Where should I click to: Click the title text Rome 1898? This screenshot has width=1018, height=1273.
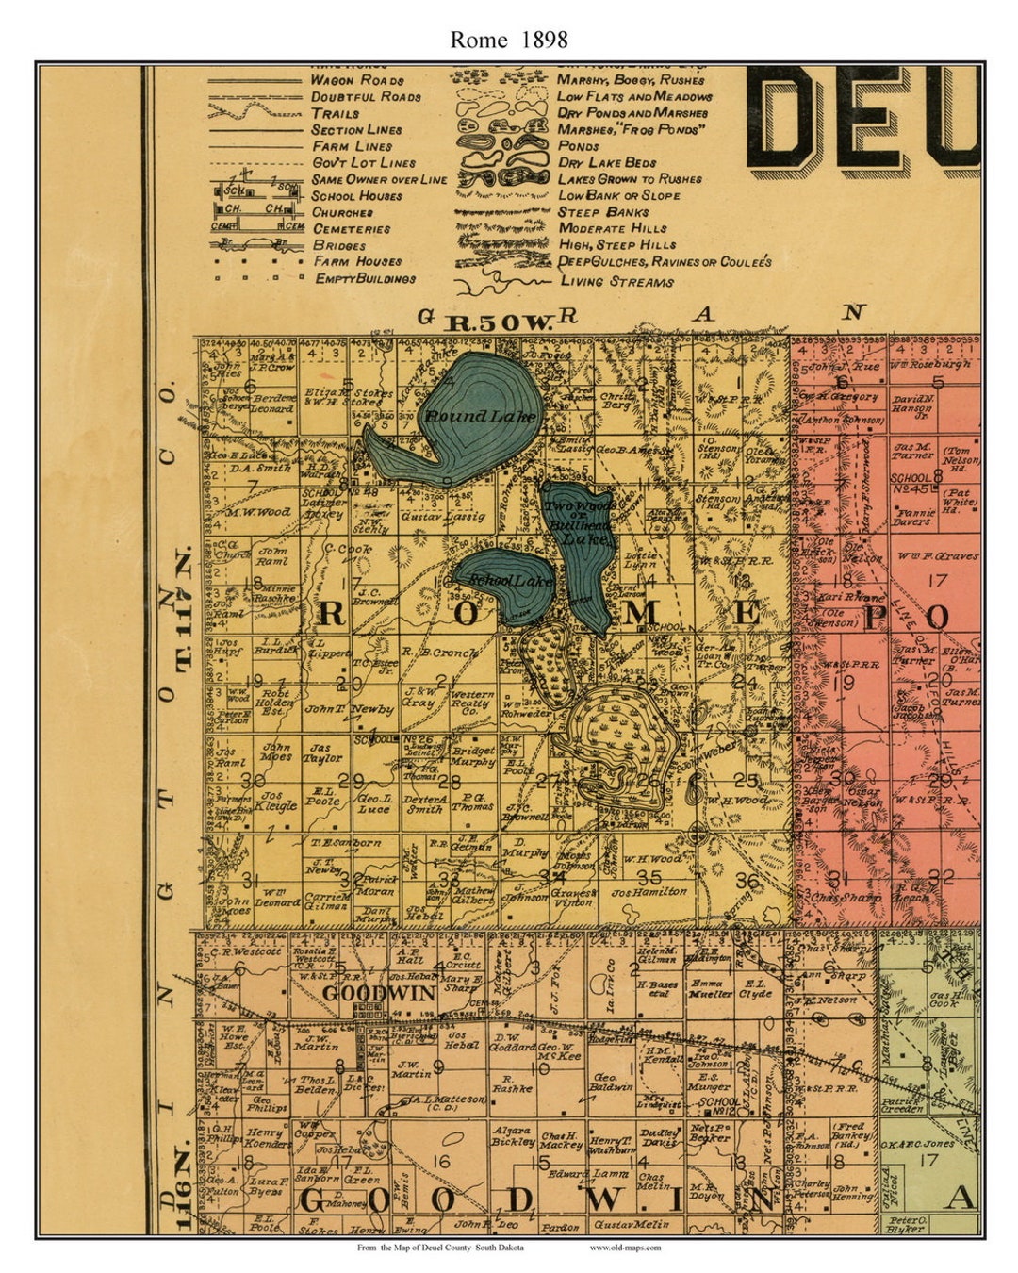click(x=508, y=39)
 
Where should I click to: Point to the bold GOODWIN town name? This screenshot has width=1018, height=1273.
click(x=378, y=993)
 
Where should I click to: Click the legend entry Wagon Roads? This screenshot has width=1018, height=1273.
click(x=357, y=80)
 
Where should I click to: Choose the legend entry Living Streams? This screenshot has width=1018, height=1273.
click(x=616, y=281)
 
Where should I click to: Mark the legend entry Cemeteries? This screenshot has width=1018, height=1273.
click(x=351, y=228)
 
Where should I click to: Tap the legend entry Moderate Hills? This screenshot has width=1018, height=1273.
click(x=612, y=227)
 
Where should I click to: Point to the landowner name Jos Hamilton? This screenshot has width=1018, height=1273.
click(x=649, y=891)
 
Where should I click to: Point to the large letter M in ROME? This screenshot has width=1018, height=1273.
click(x=642, y=614)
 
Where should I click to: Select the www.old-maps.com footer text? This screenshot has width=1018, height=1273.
click(x=625, y=1248)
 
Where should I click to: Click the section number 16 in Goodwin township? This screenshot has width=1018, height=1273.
click(x=439, y=1161)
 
